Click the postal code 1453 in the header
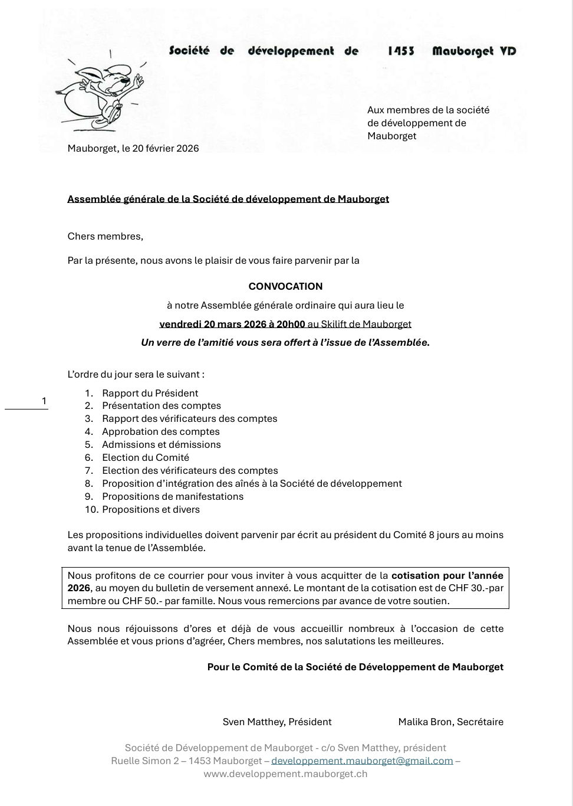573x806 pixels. pos(401,51)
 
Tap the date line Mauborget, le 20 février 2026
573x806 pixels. pos(133,149)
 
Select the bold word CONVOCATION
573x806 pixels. pos(285,287)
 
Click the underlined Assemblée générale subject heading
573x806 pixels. pos(228,199)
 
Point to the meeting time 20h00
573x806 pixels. pos(291,324)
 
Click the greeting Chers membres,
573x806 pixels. pos(106,237)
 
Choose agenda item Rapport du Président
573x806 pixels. pos(150,394)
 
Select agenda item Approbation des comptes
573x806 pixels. pos(160,432)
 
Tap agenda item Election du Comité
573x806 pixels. pos(146,458)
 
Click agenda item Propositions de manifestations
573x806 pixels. pos(173,497)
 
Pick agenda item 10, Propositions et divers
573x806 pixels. pos(151,510)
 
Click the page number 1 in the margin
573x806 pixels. pos(44,402)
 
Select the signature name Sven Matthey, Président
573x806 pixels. pos(277,722)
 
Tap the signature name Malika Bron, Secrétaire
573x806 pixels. pos(450,722)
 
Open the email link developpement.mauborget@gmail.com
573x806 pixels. pos(362,761)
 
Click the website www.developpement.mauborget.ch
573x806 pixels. pos(285,774)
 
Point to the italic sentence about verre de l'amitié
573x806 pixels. pos(285,343)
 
